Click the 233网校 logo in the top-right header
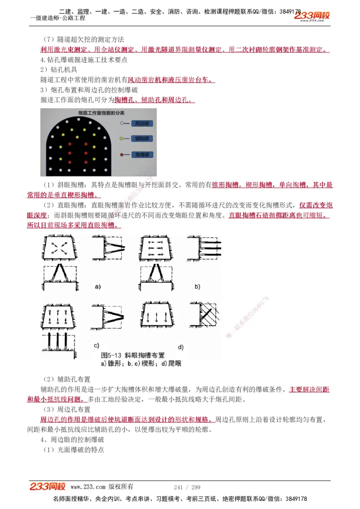point(312,16)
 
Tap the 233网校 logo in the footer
point(48,487)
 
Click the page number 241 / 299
point(187,487)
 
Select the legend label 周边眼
point(143,123)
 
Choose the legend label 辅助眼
point(143,139)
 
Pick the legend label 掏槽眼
point(143,155)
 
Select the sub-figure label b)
point(197,286)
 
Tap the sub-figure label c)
point(96,345)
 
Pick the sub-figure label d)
point(180,347)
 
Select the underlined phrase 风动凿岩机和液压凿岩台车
point(171,80)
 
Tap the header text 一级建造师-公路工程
point(58,18)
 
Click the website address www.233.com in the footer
point(88,487)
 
